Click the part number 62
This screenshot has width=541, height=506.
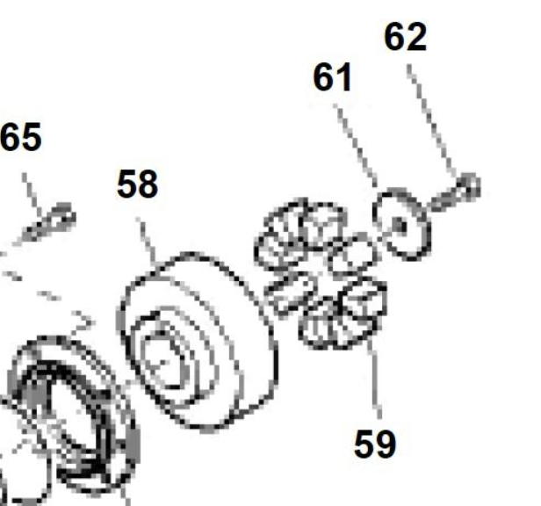coord(406,37)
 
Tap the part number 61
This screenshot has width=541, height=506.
coord(333,77)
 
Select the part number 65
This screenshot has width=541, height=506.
coord(21,137)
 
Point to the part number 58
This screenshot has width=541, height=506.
coord(138,184)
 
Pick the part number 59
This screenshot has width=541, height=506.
coord(375,444)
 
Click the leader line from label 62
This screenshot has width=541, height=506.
coord(432,121)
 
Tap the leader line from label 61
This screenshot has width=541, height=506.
coord(355,145)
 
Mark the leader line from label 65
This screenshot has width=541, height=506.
coord(32,194)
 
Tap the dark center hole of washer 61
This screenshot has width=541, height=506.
coord(400,226)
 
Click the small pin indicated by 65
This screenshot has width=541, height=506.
coord(48,221)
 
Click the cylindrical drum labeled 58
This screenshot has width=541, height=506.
coord(198,341)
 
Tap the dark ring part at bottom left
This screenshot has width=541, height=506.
coord(69,414)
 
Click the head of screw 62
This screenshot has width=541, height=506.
coord(469,185)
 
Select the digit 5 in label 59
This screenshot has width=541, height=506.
coord(364,444)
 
